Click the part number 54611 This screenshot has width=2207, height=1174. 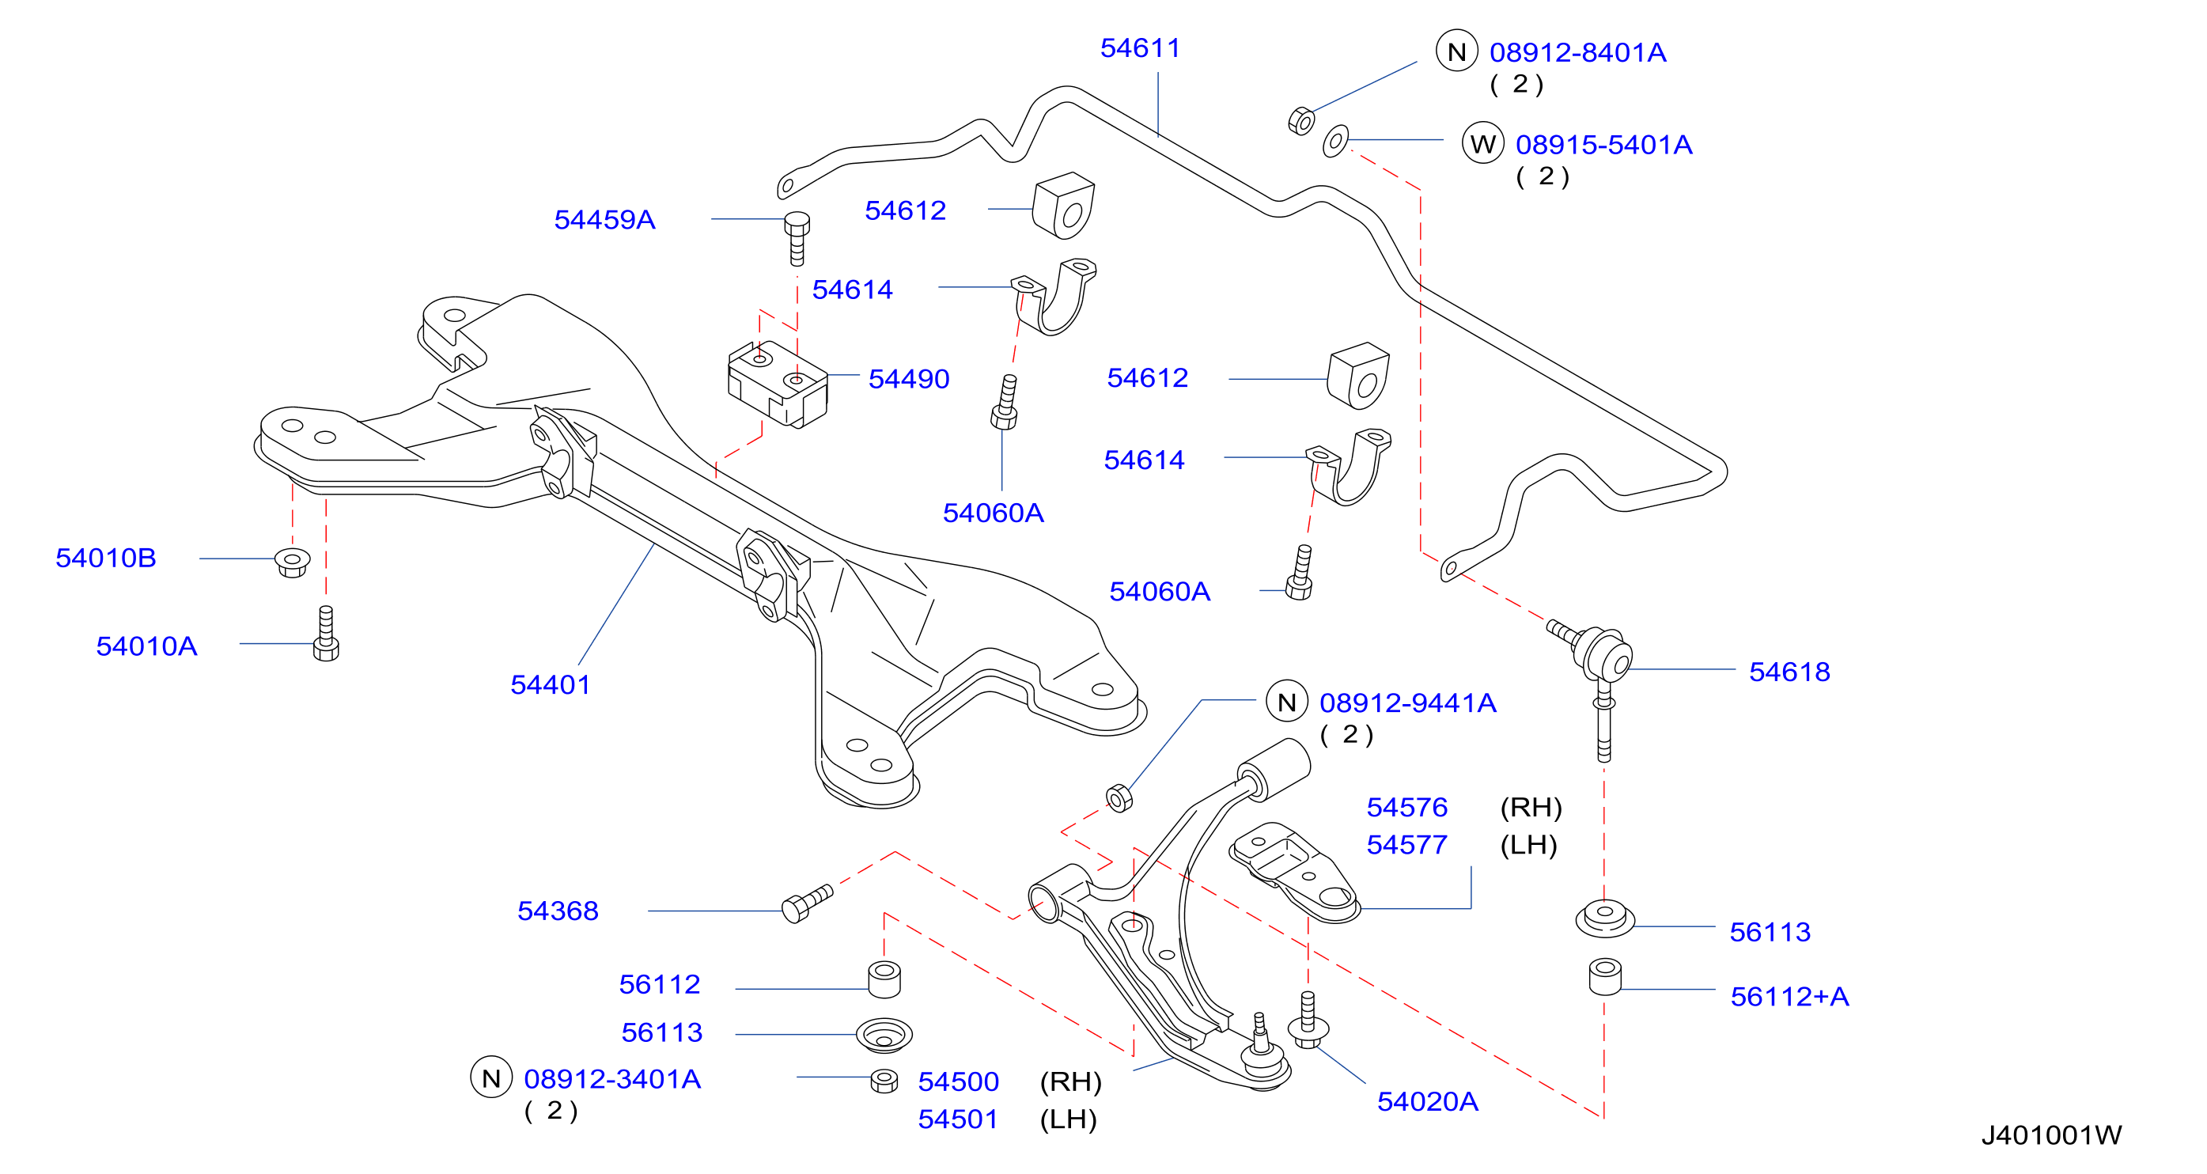[1141, 48]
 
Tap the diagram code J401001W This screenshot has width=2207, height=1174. [2051, 1135]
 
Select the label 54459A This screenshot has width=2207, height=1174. [605, 219]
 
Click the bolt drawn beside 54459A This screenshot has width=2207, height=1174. [797, 239]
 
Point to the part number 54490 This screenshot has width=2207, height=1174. [909, 379]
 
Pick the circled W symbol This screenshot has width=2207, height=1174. [1483, 143]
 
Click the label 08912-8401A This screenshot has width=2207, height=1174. [1578, 52]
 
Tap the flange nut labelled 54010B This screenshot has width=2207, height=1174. [292, 562]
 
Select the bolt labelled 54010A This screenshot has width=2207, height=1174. [327, 634]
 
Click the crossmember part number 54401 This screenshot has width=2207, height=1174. [551, 684]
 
